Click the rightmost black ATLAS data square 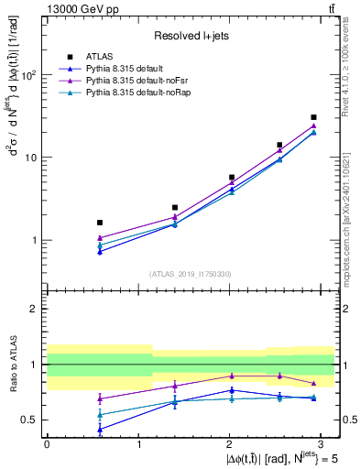[x=313, y=117]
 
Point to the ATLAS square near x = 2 [x=232, y=177]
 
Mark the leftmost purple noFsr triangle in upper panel [x=100, y=238]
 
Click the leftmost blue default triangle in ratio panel [x=100, y=429]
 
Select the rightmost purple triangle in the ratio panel [x=313, y=383]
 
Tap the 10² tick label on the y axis [x=28, y=75]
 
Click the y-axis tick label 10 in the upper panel [x=31, y=158]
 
